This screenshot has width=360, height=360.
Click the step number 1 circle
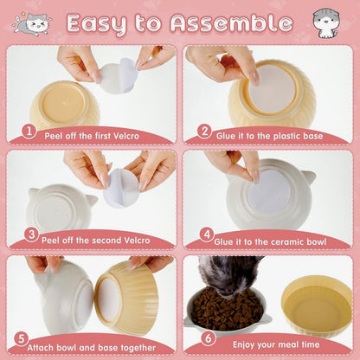point(29,132)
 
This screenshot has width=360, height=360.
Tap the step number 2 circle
point(205,132)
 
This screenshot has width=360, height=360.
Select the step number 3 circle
point(31,235)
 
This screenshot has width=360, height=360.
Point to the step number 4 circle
point(207,235)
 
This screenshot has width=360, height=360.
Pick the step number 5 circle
point(22,339)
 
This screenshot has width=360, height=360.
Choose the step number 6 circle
point(209,338)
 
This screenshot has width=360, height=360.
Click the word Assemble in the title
point(231,23)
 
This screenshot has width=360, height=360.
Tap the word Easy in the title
point(97,24)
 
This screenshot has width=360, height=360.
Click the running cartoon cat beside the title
point(32,22)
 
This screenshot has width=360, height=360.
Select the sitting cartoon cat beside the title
point(326,23)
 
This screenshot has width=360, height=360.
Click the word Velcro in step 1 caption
point(126,136)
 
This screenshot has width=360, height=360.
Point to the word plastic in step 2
point(286,136)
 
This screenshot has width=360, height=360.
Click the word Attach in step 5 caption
point(41,348)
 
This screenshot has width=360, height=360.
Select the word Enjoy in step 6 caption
point(244,344)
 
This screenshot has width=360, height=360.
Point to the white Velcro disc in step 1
point(119,76)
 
